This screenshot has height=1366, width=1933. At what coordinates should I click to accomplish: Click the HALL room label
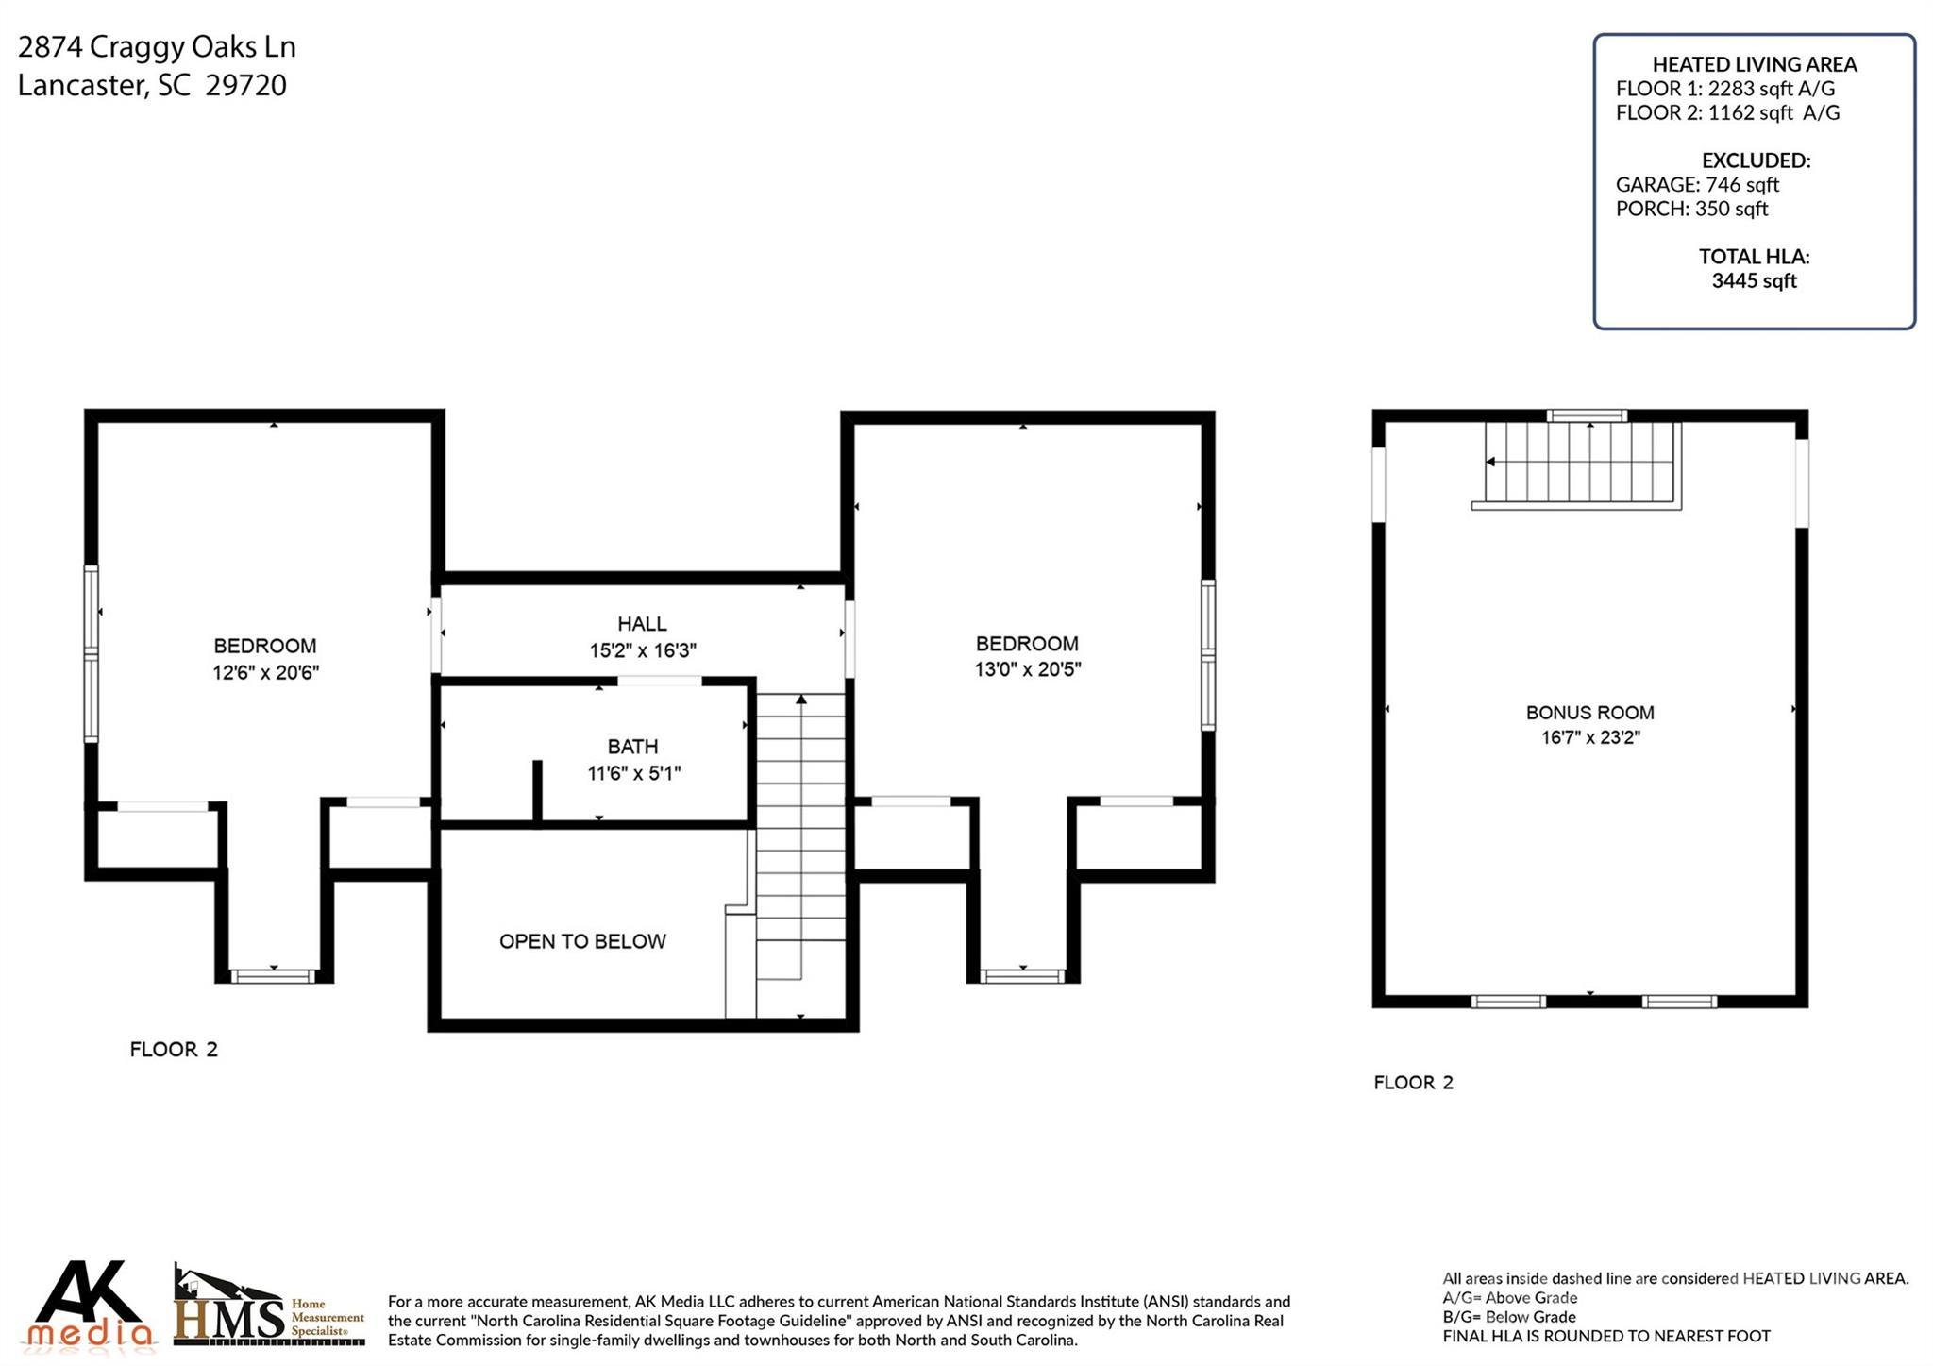click(642, 624)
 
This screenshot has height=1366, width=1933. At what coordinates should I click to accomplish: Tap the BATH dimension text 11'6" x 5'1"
click(633, 774)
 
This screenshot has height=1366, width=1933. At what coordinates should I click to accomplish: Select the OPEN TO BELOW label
click(582, 941)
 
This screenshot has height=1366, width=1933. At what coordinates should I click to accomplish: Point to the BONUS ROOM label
click(1589, 713)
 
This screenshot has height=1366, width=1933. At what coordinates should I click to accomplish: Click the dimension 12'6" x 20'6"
click(265, 672)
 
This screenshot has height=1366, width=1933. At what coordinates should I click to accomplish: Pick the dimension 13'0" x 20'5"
click(1027, 669)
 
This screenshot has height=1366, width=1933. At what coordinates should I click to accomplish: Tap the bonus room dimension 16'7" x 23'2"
click(1590, 737)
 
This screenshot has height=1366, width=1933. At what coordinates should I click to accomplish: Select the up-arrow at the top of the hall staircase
click(801, 700)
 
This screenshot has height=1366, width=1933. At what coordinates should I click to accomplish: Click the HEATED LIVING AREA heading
click(1754, 64)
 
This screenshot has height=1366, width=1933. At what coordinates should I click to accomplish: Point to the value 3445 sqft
click(1754, 280)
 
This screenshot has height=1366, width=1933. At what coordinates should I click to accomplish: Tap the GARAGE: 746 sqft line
click(1697, 184)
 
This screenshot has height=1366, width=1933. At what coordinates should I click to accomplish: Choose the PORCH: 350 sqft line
click(1691, 209)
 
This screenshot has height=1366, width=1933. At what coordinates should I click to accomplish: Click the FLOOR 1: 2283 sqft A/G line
click(1725, 89)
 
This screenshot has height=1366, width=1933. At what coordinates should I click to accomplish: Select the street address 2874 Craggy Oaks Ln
click(157, 47)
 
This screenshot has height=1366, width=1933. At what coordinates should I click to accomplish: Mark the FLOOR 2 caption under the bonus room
click(1413, 1083)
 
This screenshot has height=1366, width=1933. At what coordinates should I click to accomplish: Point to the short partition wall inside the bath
click(537, 792)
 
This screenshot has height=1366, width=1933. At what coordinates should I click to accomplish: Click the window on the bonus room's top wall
click(1587, 415)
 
